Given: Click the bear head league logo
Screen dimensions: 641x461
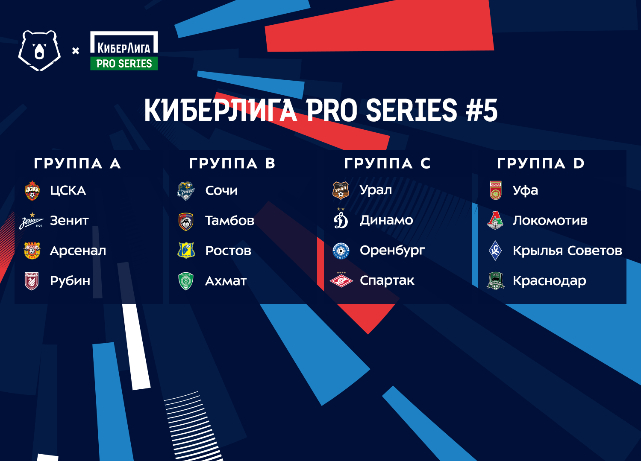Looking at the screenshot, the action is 39,51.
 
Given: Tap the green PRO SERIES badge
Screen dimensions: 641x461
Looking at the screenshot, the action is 124,64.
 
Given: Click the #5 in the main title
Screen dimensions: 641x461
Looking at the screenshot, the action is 482,110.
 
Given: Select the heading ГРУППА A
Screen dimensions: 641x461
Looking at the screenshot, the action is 77,163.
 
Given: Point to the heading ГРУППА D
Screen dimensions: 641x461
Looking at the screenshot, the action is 541,163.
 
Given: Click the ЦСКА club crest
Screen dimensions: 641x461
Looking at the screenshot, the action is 32,191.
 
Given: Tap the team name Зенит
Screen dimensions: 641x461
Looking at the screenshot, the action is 69,221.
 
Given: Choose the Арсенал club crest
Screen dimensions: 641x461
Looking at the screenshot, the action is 32,251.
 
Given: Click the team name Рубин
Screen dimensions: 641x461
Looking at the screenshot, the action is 70,281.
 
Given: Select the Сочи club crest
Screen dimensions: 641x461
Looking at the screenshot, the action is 186,191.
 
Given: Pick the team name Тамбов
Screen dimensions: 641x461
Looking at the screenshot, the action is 230,221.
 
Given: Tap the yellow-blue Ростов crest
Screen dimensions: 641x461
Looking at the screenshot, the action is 186,251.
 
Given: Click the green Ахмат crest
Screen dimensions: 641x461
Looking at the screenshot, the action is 186,281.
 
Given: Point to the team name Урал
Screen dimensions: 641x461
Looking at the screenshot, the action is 376,190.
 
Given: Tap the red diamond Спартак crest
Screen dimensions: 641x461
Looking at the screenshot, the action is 341,280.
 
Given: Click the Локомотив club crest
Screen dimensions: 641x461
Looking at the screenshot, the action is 495,220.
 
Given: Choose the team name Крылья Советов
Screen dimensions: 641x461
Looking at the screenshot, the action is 567,251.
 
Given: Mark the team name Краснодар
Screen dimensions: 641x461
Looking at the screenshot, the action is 550,281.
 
